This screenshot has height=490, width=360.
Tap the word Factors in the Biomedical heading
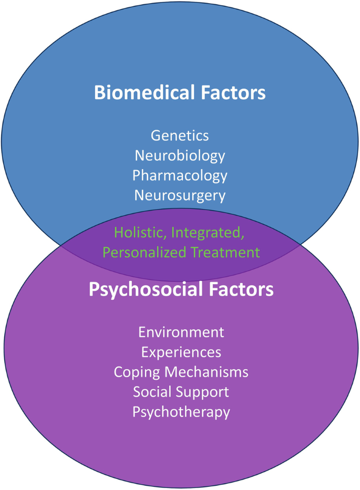click(x=234, y=93)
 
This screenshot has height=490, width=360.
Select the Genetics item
click(x=180, y=135)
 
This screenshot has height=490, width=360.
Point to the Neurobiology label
click(x=180, y=155)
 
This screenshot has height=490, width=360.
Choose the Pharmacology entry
click(x=180, y=175)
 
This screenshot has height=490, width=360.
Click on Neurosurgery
click(x=180, y=195)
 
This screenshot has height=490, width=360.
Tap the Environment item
click(x=181, y=332)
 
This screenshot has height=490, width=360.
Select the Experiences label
click(x=181, y=352)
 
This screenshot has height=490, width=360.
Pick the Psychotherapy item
click(x=181, y=412)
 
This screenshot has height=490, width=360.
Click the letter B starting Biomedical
click(x=100, y=93)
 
